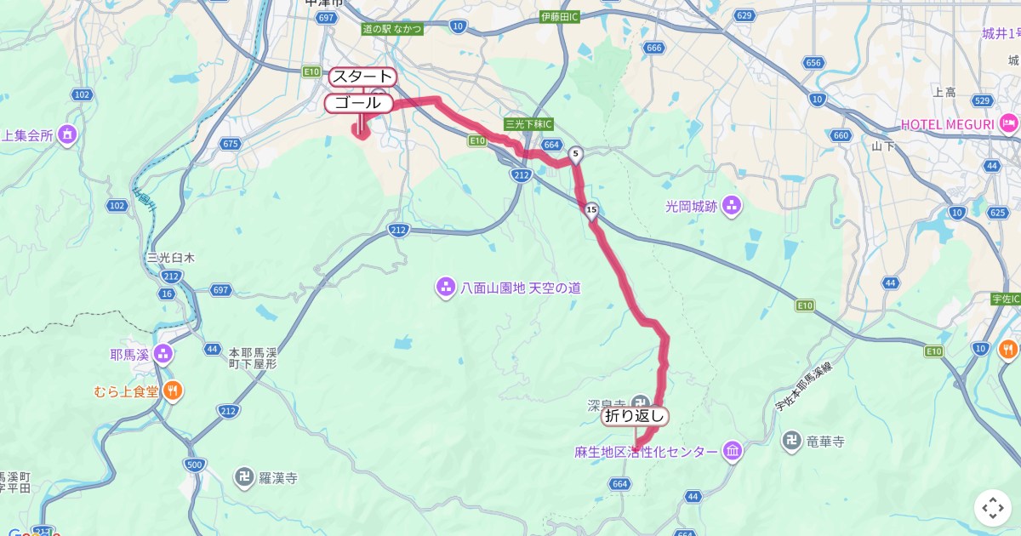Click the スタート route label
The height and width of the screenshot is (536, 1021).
click(x=362, y=77)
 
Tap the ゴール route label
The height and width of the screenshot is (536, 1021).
click(x=358, y=103)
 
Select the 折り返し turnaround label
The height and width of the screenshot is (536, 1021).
click(x=635, y=416)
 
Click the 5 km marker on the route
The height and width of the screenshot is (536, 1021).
click(x=576, y=154)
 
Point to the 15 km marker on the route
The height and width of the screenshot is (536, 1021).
click(x=591, y=209)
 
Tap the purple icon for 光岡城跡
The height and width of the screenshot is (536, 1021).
click(x=732, y=205)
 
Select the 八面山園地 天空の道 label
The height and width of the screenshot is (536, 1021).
click(x=520, y=288)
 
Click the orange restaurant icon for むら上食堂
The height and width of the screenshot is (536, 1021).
click(x=172, y=391)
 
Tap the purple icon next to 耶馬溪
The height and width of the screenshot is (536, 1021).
click(x=163, y=354)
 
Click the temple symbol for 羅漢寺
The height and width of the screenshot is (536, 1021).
click(x=245, y=477)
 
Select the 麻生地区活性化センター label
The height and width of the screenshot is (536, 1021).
click(x=646, y=452)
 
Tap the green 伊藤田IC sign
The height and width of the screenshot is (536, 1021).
click(x=560, y=16)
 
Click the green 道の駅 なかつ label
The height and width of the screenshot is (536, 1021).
click(x=392, y=28)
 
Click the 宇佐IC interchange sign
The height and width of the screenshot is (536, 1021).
click(x=1006, y=299)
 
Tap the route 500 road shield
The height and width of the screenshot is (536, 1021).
click(x=194, y=464)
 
